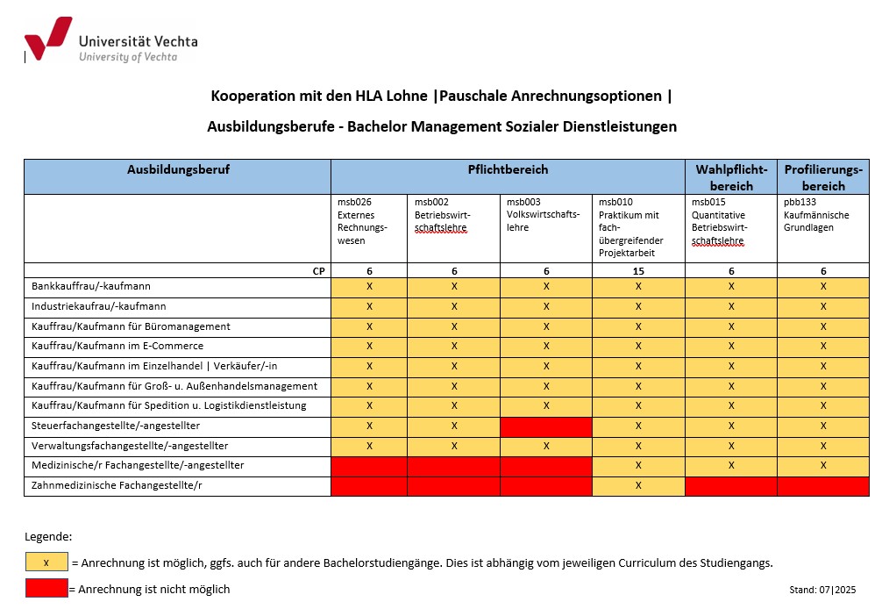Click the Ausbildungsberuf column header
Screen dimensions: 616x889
[178, 169]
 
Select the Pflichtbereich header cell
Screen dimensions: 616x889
[508, 169]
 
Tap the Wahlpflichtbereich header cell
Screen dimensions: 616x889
[731, 177]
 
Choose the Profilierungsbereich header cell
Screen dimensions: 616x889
[823, 177]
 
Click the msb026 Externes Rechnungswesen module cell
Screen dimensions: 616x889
[368, 227]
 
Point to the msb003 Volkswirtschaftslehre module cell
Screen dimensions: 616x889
[545, 227]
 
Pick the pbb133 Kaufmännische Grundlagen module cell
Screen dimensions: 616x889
[822, 227]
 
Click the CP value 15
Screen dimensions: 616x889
[638, 271]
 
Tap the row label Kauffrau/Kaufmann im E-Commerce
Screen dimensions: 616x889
[117, 346]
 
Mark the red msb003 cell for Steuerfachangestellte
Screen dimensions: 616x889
[546, 426]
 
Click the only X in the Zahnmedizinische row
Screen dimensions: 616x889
[638, 485]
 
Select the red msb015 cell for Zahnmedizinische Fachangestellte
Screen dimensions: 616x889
[731, 485]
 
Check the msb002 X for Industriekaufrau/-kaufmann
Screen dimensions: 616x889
[454, 306]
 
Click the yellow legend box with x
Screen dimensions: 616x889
[46, 562]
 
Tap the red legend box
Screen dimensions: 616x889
[46, 588]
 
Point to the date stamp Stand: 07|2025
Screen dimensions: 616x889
[821, 590]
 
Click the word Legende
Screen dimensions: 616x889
[48, 536]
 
